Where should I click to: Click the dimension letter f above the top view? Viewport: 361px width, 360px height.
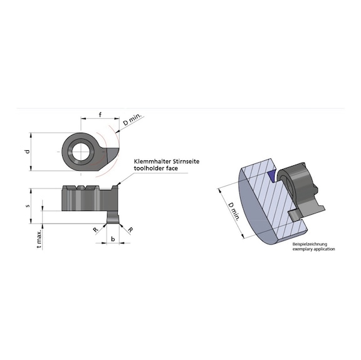(100, 114)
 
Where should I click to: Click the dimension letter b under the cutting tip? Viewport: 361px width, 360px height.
(112, 239)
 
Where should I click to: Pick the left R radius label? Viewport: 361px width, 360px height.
(95, 230)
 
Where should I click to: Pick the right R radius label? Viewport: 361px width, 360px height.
(130, 230)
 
